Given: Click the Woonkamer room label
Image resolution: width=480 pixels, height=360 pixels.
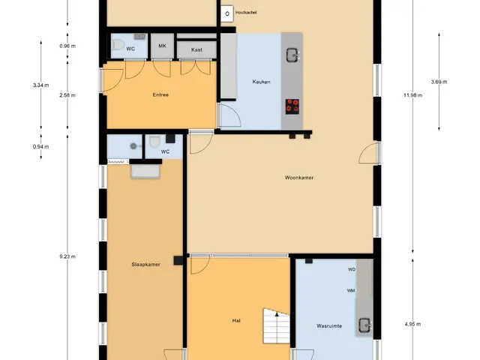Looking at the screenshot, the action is (299, 178).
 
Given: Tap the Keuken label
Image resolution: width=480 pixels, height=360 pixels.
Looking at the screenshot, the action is (261, 82).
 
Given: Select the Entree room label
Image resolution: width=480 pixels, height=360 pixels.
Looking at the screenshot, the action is (160, 95).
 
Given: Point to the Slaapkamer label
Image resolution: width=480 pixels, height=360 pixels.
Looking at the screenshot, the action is (145, 265).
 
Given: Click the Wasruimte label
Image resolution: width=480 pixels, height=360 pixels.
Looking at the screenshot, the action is (329, 326).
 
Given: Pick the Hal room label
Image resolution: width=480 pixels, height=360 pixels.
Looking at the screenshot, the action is (236, 321).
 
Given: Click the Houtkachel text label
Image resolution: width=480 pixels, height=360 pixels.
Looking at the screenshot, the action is (246, 13).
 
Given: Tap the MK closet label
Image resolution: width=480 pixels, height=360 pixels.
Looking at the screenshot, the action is (162, 46).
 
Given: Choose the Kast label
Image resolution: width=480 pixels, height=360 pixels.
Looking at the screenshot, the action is (196, 49).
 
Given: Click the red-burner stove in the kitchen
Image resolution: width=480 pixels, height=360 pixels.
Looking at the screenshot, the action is (292, 106).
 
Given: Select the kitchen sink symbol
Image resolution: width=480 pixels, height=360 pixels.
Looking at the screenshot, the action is (293, 55).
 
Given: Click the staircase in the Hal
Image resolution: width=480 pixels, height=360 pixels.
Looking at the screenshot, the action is (277, 325).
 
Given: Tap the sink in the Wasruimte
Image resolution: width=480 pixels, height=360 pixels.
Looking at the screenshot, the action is (365, 325).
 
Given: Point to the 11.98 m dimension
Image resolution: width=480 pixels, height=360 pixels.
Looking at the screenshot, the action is (412, 95).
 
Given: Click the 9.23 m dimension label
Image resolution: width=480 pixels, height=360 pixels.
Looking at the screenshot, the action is (67, 256).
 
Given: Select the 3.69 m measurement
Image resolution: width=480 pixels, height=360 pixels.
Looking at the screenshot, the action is (439, 82).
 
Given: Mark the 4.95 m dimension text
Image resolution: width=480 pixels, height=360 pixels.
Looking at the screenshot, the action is (412, 324).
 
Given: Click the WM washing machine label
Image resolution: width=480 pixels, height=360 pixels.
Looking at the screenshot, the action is (351, 290).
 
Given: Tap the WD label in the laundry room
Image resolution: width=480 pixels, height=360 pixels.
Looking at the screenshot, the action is (352, 270).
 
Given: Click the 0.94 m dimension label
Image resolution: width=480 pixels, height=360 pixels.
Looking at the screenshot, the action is (41, 147).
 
